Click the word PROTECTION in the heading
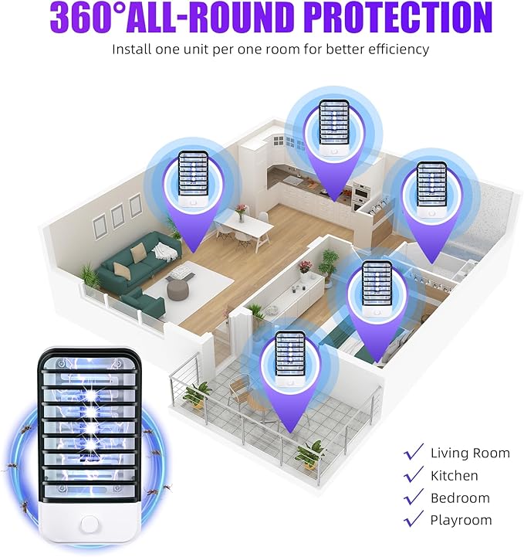[x=398, y=17]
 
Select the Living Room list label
[x=470, y=453]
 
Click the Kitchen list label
[x=454, y=476]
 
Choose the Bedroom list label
[x=460, y=498]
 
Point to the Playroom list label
[x=461, y=521]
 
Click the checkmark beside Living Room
[x=414, y=452]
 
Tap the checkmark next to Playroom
[x=414, y=518]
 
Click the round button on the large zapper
[x=89, y=525]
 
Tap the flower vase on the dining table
[x=242, y=212]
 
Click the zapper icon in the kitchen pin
[x=334, y=127]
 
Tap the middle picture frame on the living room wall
[x=117, y=216]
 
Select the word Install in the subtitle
[x=132, y=49]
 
